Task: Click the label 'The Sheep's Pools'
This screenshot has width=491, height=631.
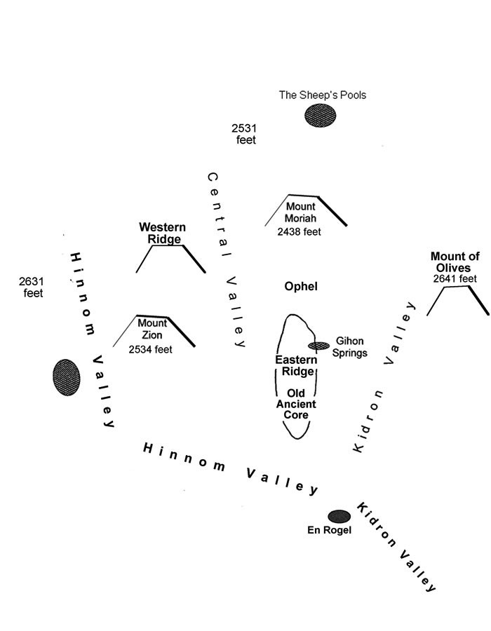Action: [323, 95]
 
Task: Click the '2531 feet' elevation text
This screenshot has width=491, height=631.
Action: [244, 134]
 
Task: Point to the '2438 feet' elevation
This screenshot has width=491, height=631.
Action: [299, 231]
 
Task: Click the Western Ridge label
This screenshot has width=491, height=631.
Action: [162, 233]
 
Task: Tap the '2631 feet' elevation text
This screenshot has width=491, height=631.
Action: [33, 287]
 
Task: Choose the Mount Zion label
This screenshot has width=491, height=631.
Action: [152, 329]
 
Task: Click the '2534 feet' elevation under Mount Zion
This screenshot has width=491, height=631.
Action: [151, 348]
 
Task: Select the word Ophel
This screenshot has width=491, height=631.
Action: [301, 287]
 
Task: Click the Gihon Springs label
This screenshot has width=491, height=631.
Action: [351, 347]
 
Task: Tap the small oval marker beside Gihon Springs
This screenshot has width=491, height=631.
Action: [319, 345]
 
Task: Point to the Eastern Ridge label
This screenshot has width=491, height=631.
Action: [295, 365]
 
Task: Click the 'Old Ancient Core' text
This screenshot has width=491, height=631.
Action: [297, 404]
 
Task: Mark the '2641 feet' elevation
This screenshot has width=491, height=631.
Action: [455, 279]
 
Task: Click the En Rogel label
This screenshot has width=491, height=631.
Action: [329, 531]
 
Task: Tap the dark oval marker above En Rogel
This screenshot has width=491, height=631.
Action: [339, 517]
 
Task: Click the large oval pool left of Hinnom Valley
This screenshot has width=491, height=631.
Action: [67, 376]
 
